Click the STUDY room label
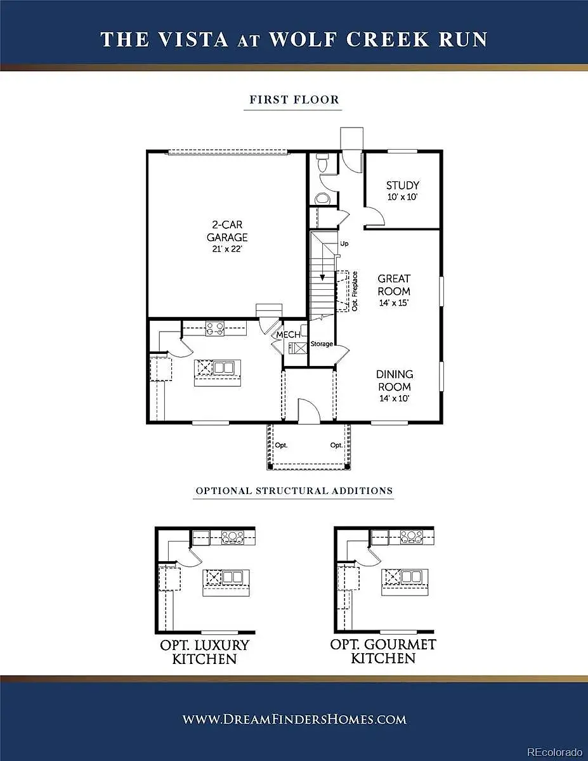click(402, 185)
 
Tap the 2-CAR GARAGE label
click(227, 231)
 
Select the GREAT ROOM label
click(394, 285)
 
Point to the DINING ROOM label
click(395, 380)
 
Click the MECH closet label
click(288, 334)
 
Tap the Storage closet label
click(322, 344)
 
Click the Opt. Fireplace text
click(355, 291)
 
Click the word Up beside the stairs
click(344, 244)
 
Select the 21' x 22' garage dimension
click(227, 249)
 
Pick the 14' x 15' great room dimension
click(394, 302)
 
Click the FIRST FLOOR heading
click(294, 100)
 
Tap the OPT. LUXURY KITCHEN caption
click(204, 652)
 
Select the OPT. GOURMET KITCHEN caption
click(383, 651)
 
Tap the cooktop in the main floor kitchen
click(214, 328)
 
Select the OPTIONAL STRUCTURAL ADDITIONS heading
click(294, 491)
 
